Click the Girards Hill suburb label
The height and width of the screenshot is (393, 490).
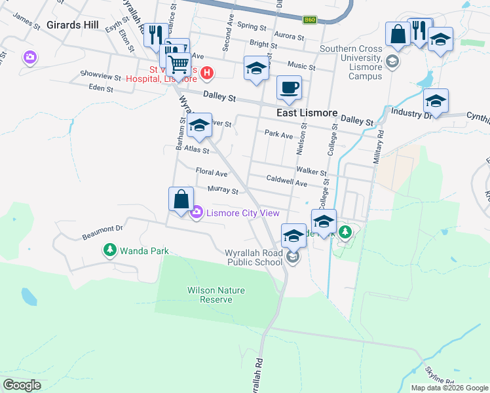(73, 26)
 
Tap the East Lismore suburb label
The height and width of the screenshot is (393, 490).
(306, 113)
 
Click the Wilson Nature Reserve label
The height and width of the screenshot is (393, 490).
(210, 294)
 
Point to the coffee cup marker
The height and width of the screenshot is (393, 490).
(289, 88)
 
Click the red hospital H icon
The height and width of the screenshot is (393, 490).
(206, 73)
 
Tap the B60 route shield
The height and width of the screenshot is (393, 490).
(310, 20)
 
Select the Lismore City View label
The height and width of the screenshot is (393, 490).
(243, 213)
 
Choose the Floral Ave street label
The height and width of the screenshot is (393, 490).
(212, 174)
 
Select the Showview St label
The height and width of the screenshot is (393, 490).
(100, 76)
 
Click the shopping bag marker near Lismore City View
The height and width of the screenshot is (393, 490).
(181, 199)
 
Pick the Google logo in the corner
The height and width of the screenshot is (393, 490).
(22, 384)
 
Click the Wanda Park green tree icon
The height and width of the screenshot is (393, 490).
(110, 250)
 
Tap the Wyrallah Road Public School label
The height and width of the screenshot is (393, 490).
(254, 257)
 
